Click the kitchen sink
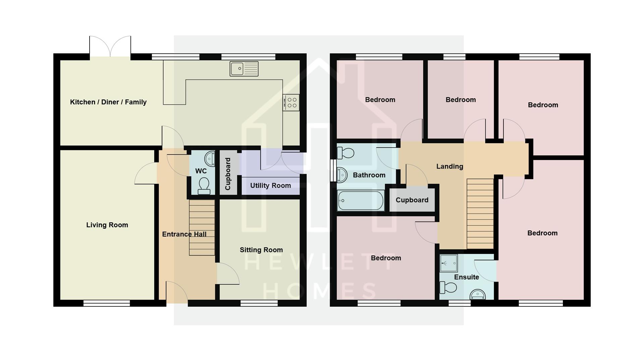(244, 69)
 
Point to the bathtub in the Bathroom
(361, 200)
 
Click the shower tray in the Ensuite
(449, 263)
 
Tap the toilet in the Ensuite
(448, 288)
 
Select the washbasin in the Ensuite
(477, 295)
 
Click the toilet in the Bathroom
(345, 153)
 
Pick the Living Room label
(107, 225)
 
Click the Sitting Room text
(261, 250)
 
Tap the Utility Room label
(270, 186)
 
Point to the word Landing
(449, 166)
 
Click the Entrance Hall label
(184, 234)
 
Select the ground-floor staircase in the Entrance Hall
(202, 227)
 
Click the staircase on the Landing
(480, 214)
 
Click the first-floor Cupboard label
(412, 200)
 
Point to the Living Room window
(107, 303)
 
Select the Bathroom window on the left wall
(333, 170)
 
